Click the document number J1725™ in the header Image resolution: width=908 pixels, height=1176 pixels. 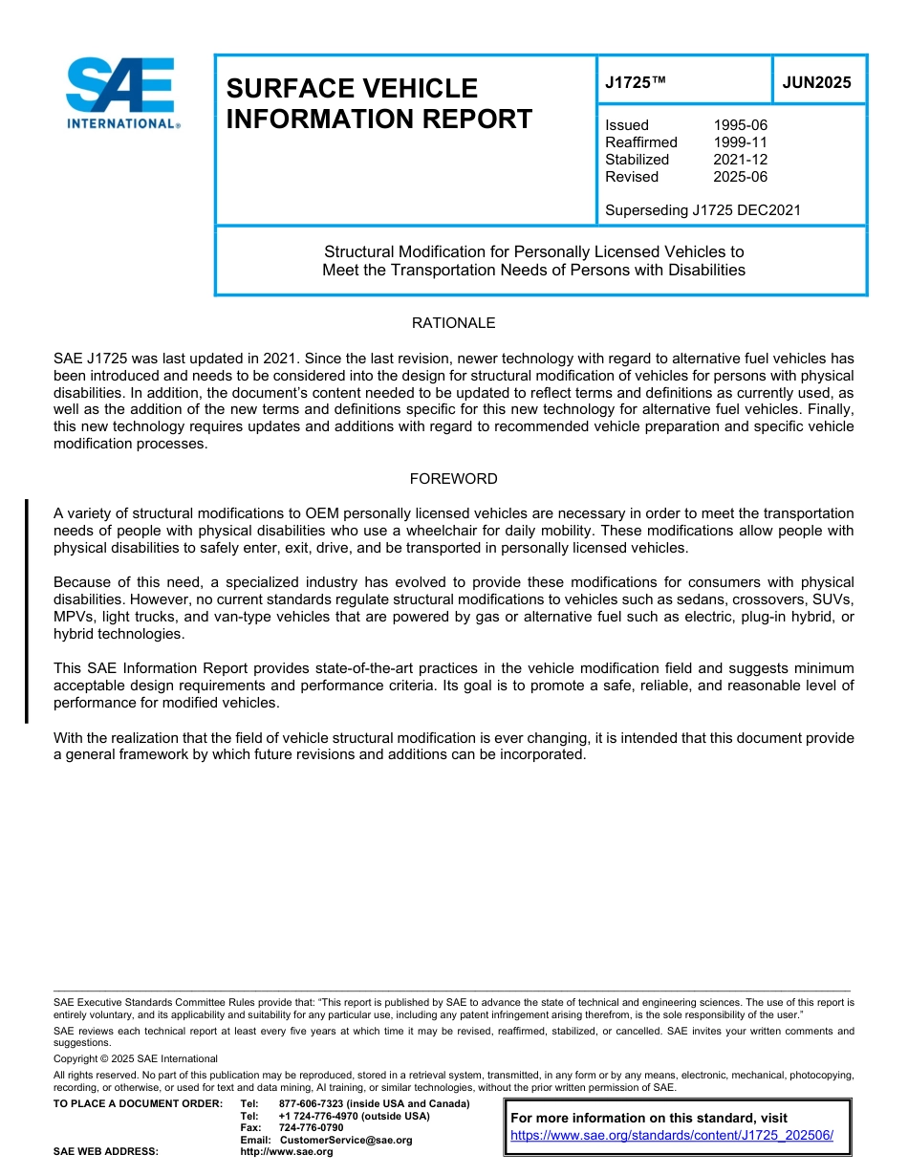[x=634, y=83]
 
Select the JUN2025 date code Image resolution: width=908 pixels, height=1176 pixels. [x=816, y=83]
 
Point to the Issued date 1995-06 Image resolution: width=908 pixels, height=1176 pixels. [x=740, y=125]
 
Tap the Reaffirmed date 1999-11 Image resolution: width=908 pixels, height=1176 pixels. [x=740, y=142]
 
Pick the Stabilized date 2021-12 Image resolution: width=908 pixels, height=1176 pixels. [x=740, y=160]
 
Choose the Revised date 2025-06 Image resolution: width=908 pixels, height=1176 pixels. [x=740, y=177]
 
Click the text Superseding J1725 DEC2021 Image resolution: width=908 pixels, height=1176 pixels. [x=703, y=210]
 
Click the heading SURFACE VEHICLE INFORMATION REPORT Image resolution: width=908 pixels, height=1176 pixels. [x=378, y=103]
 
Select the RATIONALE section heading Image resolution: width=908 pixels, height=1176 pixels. [x=453, y=323]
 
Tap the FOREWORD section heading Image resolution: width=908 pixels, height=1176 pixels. [x=453, y=479]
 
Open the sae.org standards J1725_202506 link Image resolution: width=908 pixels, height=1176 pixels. [x=672, y=1135]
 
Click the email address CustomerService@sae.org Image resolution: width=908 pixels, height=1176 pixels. [x=346, y=1140]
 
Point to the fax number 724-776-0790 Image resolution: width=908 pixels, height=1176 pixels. [x=311, y=1128]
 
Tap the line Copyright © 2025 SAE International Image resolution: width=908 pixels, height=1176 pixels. [x=136, y=1058]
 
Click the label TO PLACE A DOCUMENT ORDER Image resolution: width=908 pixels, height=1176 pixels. [x=138, y=1104]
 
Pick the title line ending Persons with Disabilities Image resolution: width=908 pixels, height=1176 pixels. [x=533, y=271]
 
